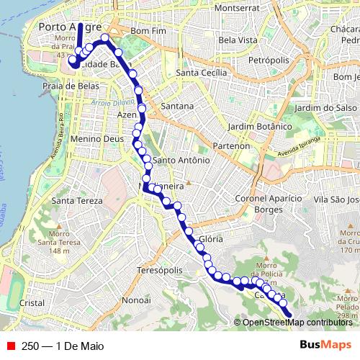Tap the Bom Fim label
click(150, 32)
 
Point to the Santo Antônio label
click(181, 160)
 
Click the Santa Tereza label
click(69, 200)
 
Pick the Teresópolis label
click(160, 270)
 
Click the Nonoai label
click(135, 299)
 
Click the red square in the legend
click(10, 346)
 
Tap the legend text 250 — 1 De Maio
click(63, 346)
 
